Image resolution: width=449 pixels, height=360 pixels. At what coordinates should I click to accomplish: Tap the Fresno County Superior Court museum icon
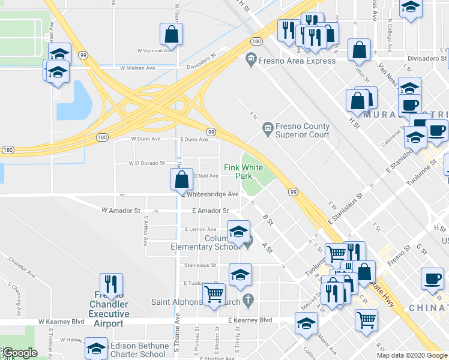click(x=268, y=128)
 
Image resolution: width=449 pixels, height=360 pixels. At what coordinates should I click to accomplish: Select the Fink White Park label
click(x=243, y=172)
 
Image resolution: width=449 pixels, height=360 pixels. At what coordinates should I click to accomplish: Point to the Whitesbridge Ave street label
click(x=212, y=194)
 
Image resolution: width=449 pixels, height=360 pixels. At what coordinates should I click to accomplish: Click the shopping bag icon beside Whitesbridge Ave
click(x=181, y=179)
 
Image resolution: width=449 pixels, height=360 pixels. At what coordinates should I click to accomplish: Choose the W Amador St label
click(x=121, y=211)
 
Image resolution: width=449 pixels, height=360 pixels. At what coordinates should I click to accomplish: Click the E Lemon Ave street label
click(x=200, y=229)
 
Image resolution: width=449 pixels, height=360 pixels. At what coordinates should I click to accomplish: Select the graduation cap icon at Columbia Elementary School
click(x=238, y=232)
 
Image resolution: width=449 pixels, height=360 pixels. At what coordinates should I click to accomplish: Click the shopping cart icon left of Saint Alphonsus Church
click(x=214, y=295)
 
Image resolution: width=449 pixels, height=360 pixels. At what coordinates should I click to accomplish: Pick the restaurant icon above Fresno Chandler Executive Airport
click(x=111, y=283)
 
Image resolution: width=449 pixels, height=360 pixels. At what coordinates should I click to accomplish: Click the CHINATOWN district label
click(x=429, y=308)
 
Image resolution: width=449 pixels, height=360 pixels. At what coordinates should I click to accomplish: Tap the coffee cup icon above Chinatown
click(x=432, y=278)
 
